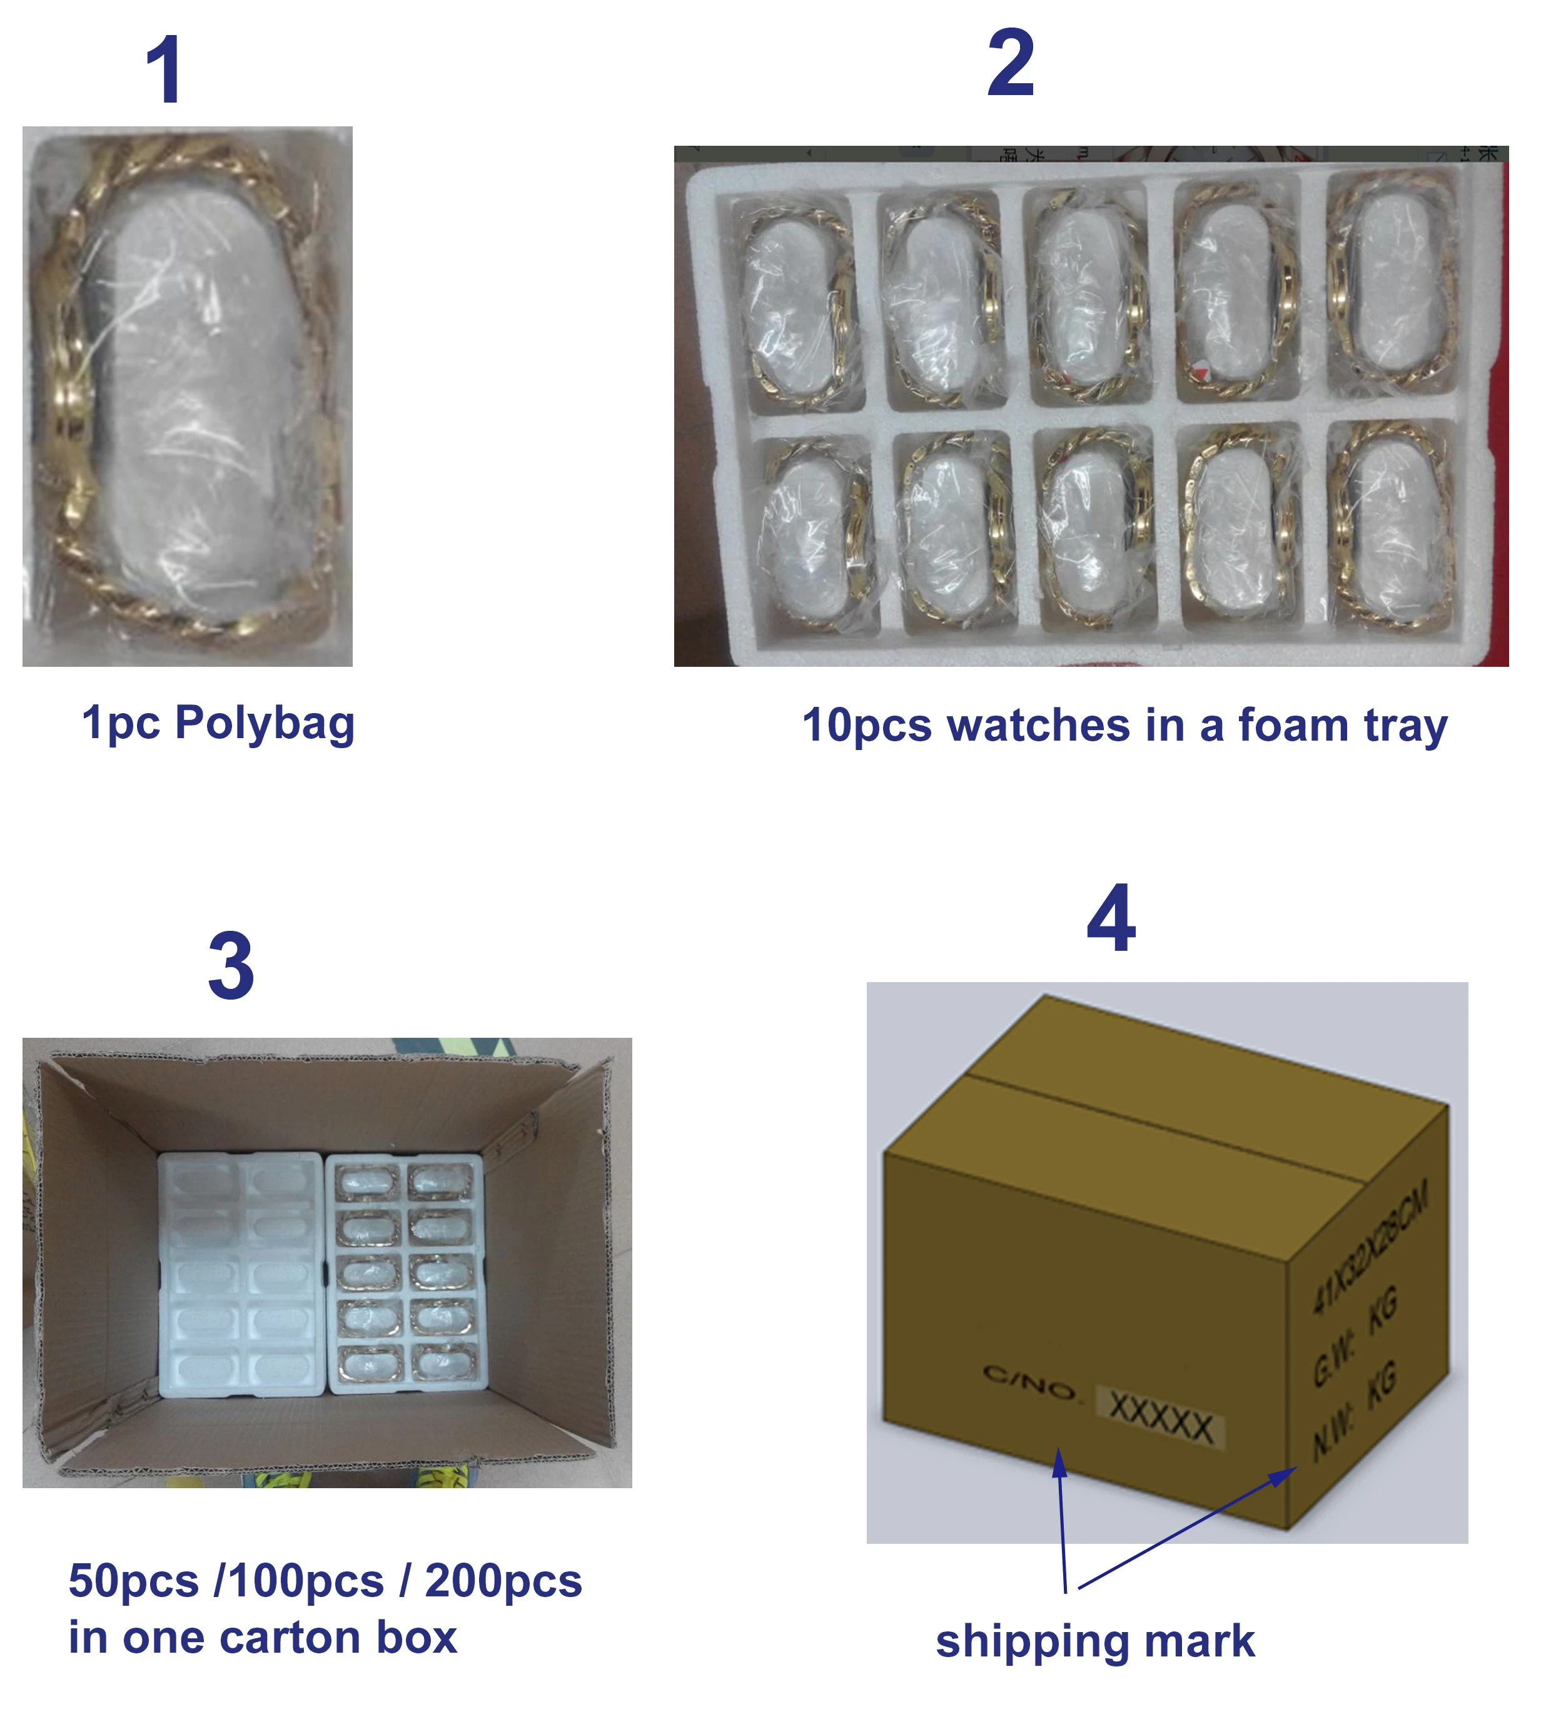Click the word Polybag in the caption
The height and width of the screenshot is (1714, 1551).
265,724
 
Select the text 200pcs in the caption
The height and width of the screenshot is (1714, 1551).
503,1581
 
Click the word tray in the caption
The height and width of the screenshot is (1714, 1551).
1407,727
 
